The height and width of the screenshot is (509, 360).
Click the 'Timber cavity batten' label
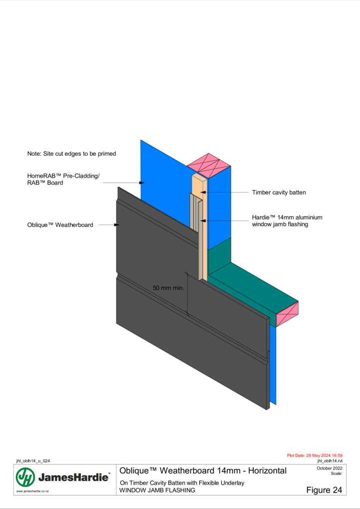click(x=279, y=193)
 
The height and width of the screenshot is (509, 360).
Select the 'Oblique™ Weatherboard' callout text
click(x=60, y=225)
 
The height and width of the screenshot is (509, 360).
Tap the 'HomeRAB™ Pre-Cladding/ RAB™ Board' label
click(x=63, y=179)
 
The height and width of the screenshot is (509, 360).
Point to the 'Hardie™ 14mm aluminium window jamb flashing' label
click(x=287, y=221)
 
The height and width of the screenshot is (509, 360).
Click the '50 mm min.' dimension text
click(x=168, y=288)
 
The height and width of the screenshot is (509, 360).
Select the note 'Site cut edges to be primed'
click(x=71, y=154)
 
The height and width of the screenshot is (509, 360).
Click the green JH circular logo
click(x=25, y=477)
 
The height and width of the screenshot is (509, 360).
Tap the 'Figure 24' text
click(x=324, y=490)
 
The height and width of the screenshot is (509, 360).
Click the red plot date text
click(x=315, y=456)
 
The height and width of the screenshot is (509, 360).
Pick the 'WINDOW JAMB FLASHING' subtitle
click(x=157, y=490)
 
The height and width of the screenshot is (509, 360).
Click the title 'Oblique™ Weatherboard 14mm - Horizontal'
click(x=203, y=471)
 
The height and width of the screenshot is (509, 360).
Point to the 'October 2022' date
click(x=330, y=468)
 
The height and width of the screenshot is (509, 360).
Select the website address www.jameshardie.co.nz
click(x=32, y=491)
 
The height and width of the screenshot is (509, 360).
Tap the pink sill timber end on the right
click(x=287, y=314)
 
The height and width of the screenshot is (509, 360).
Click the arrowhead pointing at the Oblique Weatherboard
click(x=117, y=225)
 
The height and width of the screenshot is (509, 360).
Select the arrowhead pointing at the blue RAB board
click(x=142, y=183)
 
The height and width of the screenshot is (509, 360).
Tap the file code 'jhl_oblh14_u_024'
click(x=33, y=461)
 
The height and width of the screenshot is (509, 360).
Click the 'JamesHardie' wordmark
click(x=74, y=477)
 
